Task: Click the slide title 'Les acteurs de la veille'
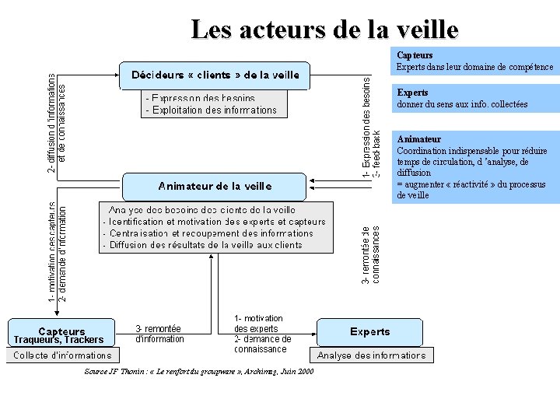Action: [x=324, y=30]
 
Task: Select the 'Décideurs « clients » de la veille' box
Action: [x=215, y=75]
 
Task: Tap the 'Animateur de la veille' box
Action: [x=215, y=186]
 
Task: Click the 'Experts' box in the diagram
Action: [x=370, y=332]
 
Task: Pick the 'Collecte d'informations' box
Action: [x=60, y=355]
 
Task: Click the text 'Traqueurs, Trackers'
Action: [x=58, y=340]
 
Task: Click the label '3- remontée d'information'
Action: [x=159, y=334]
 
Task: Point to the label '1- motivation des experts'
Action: [x=259, y=324]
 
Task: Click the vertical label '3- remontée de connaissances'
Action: [x=370, y=254]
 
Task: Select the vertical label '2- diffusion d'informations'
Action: [x=51, y=123]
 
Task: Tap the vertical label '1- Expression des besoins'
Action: [x=366, y=124]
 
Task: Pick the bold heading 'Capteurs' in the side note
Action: [x=415, y=55]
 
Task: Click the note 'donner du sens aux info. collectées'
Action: [x=462, y=104]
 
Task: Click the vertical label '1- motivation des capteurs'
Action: [x=51, y=253]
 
